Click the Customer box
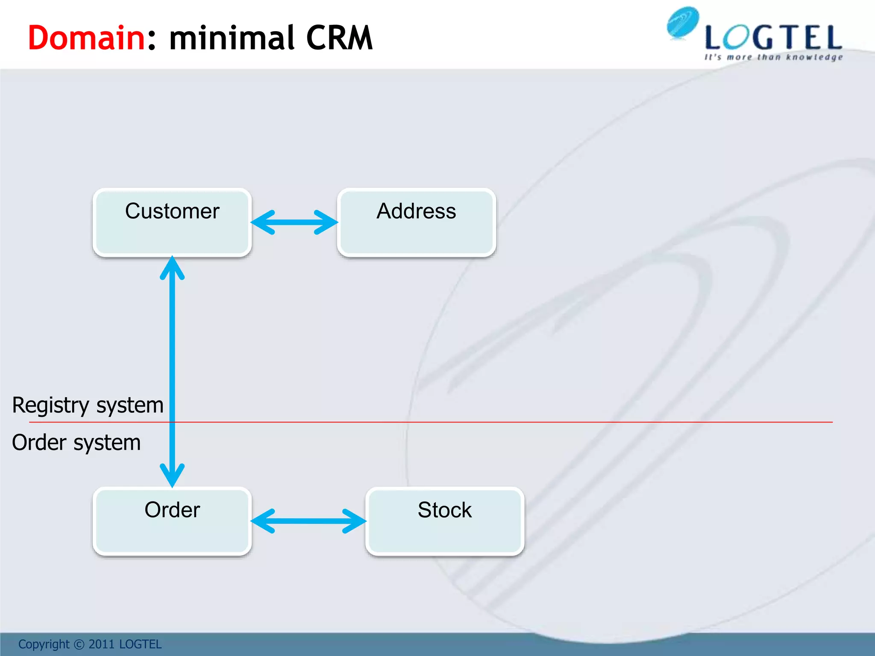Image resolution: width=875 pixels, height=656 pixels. [x=172, y=222]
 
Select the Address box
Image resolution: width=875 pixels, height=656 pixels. [x=417, y=222]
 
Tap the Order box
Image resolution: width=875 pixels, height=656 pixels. [x=172, y=521]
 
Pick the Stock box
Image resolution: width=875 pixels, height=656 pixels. [x=445, y=521]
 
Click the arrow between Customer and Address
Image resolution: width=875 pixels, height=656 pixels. [x=294, y=222]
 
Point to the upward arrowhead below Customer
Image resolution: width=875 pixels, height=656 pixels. [x=172, y=267]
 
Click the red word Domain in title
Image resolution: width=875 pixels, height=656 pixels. [x=87, y=38]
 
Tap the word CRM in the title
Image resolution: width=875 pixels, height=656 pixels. [x=339, y=38]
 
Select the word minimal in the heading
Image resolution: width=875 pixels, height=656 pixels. [x=232, y=38]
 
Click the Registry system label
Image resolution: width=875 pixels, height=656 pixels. [x=88, y=405]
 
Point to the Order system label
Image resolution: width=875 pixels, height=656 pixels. [x=76, y=442]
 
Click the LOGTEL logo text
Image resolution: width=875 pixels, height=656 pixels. [x=773, y=38]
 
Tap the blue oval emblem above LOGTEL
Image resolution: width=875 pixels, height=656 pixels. [x=683, y=22]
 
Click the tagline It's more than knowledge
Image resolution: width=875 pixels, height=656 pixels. [x=773, y=57]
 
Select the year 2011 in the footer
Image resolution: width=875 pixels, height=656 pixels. [x=101, y=644]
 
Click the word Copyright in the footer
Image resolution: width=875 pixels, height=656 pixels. [x=44, y=644]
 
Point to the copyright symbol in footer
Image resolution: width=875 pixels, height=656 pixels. [x=79, y=644]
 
